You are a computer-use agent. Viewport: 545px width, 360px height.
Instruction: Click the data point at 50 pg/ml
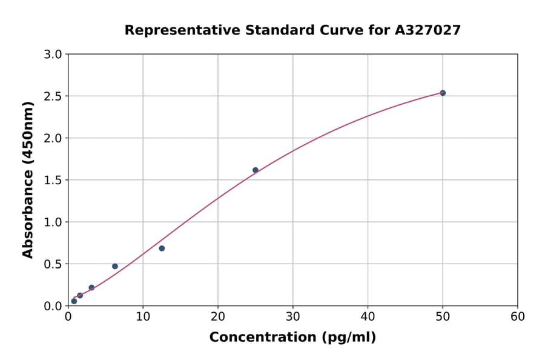[x=443, y=93]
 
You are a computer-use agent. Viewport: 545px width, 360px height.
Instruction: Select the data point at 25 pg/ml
[x=256, y=170]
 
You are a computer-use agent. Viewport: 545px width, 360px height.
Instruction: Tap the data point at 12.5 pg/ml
[x=162, y=248]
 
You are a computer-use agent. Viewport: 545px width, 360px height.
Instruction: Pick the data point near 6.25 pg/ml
[x=115, y=266]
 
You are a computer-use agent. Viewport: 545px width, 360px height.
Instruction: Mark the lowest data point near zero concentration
[x=74, y=301]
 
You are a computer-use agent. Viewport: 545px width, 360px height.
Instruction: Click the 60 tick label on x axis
[x=518, y=316]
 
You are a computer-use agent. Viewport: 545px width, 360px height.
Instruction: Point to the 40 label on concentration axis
[x=368, y=316]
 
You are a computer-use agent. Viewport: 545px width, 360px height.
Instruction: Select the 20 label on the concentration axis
[x=218, y=316]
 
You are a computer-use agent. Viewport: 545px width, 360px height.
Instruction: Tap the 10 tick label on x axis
[x=143, y=316]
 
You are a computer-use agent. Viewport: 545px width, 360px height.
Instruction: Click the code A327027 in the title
[x=428, y=30]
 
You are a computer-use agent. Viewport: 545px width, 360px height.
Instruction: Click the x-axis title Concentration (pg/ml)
[x=292, y=338]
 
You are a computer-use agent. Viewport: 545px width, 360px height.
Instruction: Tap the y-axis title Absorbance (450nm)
[x=28, y=180]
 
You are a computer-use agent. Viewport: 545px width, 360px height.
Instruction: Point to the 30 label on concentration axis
[x=292, y=316]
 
